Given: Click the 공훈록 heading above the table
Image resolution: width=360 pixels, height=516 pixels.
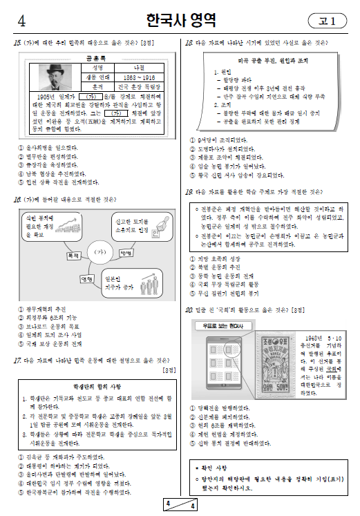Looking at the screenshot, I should [x=95, y=60].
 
